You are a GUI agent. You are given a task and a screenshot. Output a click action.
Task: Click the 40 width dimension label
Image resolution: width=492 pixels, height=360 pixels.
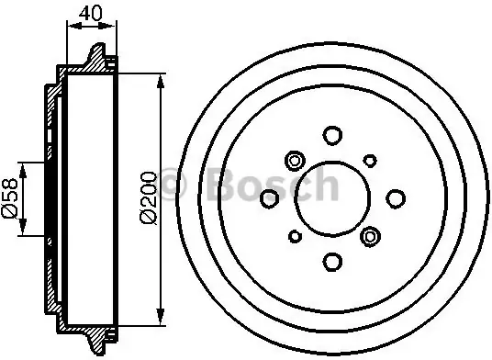[x=91, y=13]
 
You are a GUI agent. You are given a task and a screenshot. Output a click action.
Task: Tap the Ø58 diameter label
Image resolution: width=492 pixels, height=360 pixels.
[x=10, y=198]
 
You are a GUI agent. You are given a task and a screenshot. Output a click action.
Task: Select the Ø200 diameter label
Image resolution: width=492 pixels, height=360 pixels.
[x=149, y=197]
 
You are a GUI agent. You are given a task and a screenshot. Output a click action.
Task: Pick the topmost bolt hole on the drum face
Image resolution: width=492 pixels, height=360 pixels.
[x=332, y=136]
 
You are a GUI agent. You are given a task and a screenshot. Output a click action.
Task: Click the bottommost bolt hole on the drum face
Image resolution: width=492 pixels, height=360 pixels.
[x=332, y=262]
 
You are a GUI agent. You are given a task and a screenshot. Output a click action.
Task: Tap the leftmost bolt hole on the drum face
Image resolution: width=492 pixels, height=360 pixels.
[x=270, y=198]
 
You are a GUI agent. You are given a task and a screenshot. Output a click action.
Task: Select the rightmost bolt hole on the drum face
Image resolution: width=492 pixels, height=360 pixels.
[x=396, y=198]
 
